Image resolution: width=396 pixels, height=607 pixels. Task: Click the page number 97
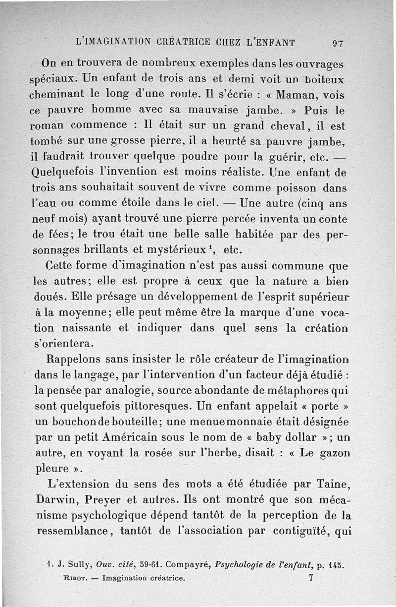click(338, 43)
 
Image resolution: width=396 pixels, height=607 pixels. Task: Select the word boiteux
click(324, 79)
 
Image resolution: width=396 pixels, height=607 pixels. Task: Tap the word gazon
click(334, 453)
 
